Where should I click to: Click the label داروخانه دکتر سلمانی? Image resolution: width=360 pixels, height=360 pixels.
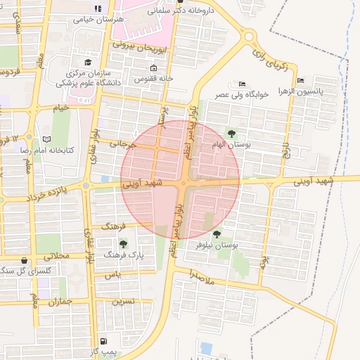click(178, 11)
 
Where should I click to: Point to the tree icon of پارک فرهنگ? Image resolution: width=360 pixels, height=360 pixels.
click(123, 244)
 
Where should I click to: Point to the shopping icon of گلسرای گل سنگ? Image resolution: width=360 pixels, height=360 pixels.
click(25, 259)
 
